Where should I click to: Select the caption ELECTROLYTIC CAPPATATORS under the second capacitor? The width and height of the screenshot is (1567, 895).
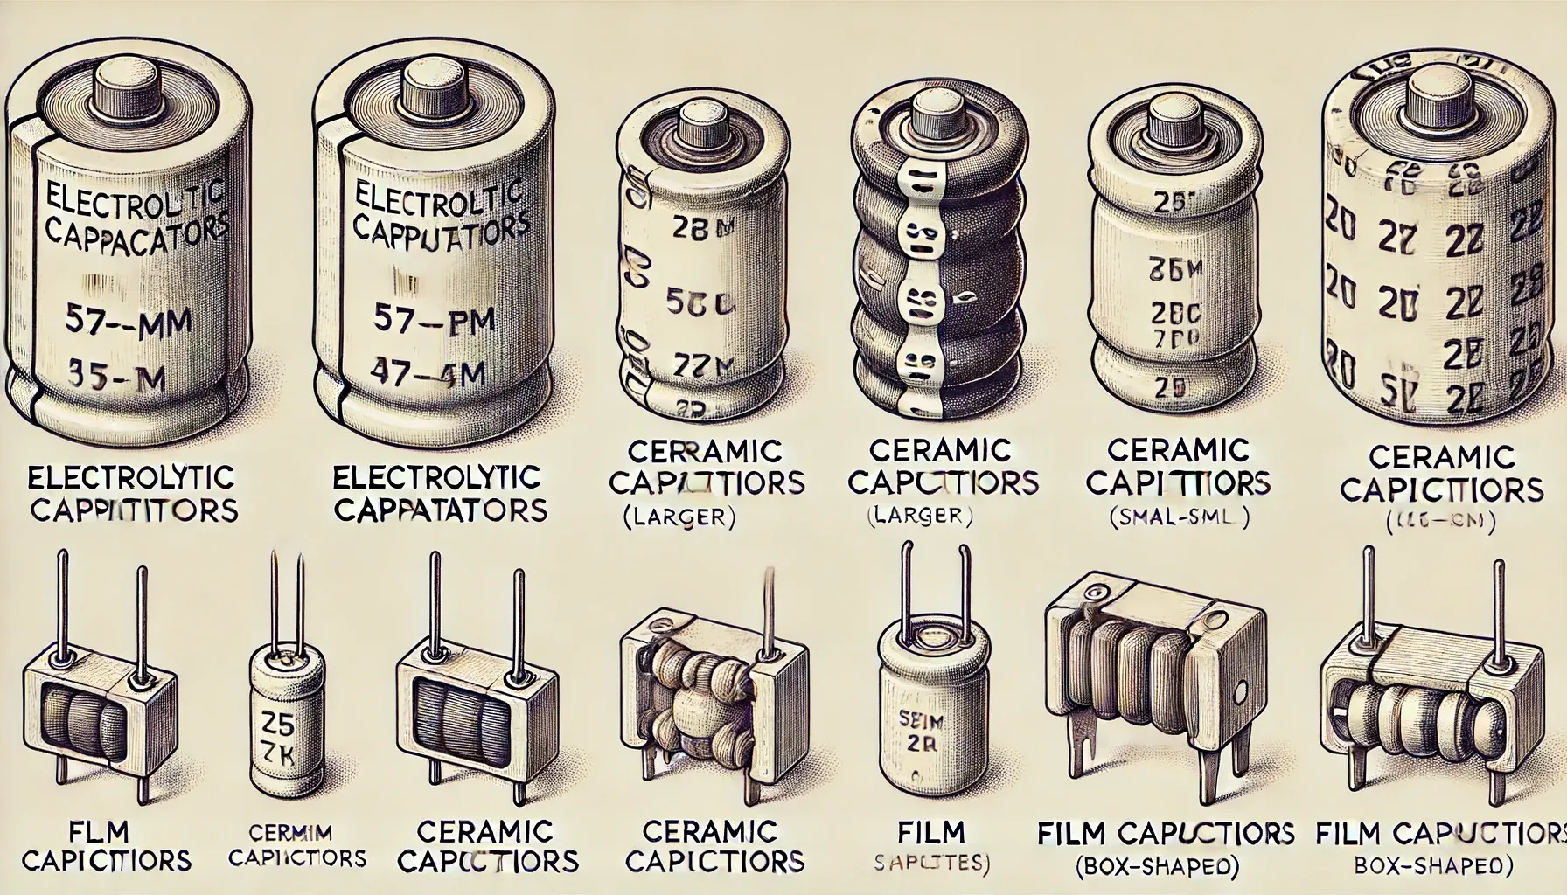click(x=440, y=493)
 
